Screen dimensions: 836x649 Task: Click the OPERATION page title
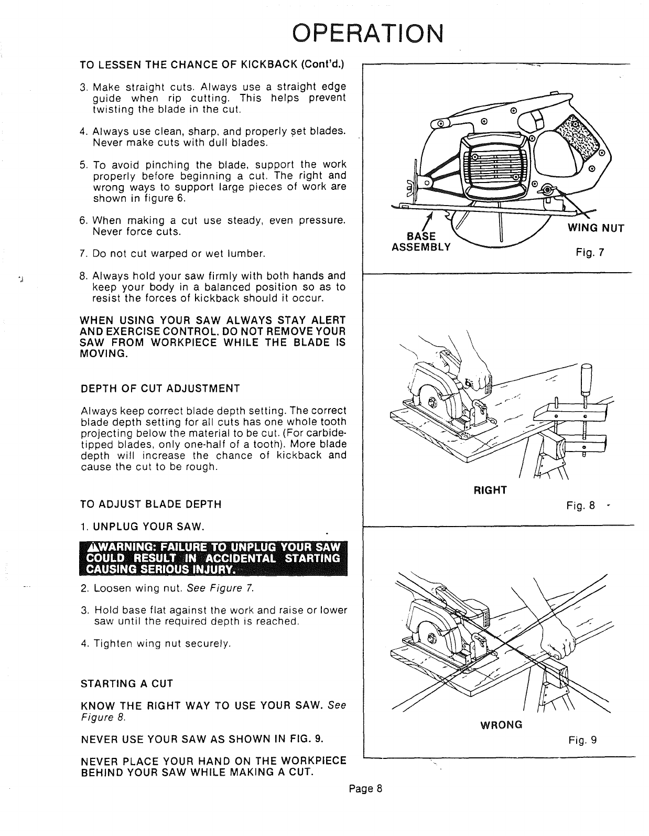[x=367, y=34]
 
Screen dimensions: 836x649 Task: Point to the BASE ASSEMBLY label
[x=421, y=242]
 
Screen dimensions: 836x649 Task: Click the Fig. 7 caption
[x=590, y=252]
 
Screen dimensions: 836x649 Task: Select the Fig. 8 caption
[x=581, y=506]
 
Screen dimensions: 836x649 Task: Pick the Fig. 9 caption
[x=582, y=740]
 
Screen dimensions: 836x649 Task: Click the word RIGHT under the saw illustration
[x=490, y=490]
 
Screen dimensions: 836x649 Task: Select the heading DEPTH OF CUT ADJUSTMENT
[x=160, y=389]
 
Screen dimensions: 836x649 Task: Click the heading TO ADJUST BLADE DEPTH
[x=151, y=505]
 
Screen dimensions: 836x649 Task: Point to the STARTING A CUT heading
[x=127, y=683]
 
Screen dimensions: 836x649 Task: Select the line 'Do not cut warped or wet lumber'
[x=179, y=254]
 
